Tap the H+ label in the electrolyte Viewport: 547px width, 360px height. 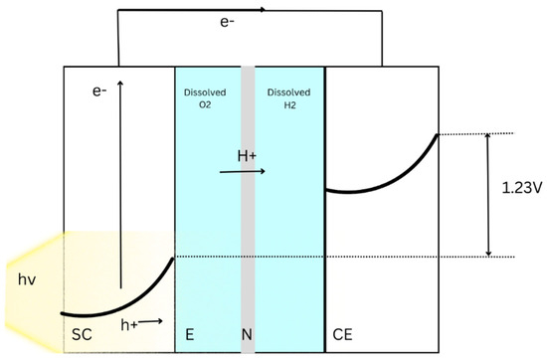[248, 155]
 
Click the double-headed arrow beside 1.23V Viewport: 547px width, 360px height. [487, 195]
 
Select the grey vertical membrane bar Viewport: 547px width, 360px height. [248, 199]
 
